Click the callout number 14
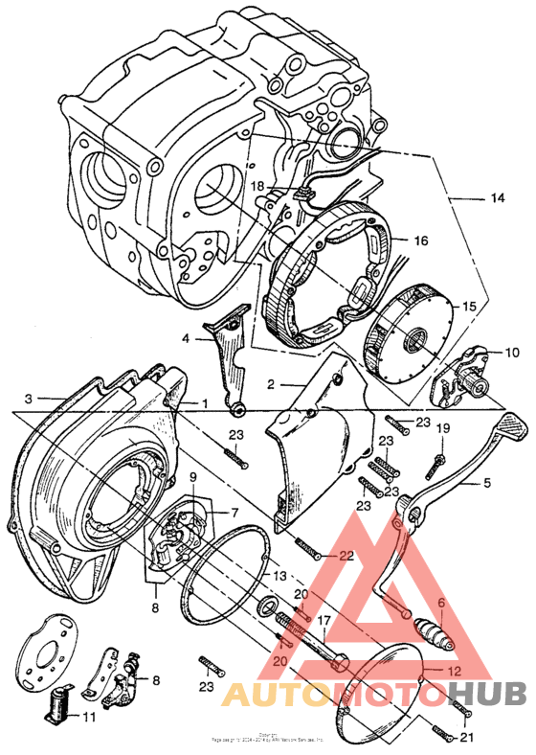coord(497,198)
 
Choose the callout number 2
coord(271,384)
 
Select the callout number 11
coord(90,716)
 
